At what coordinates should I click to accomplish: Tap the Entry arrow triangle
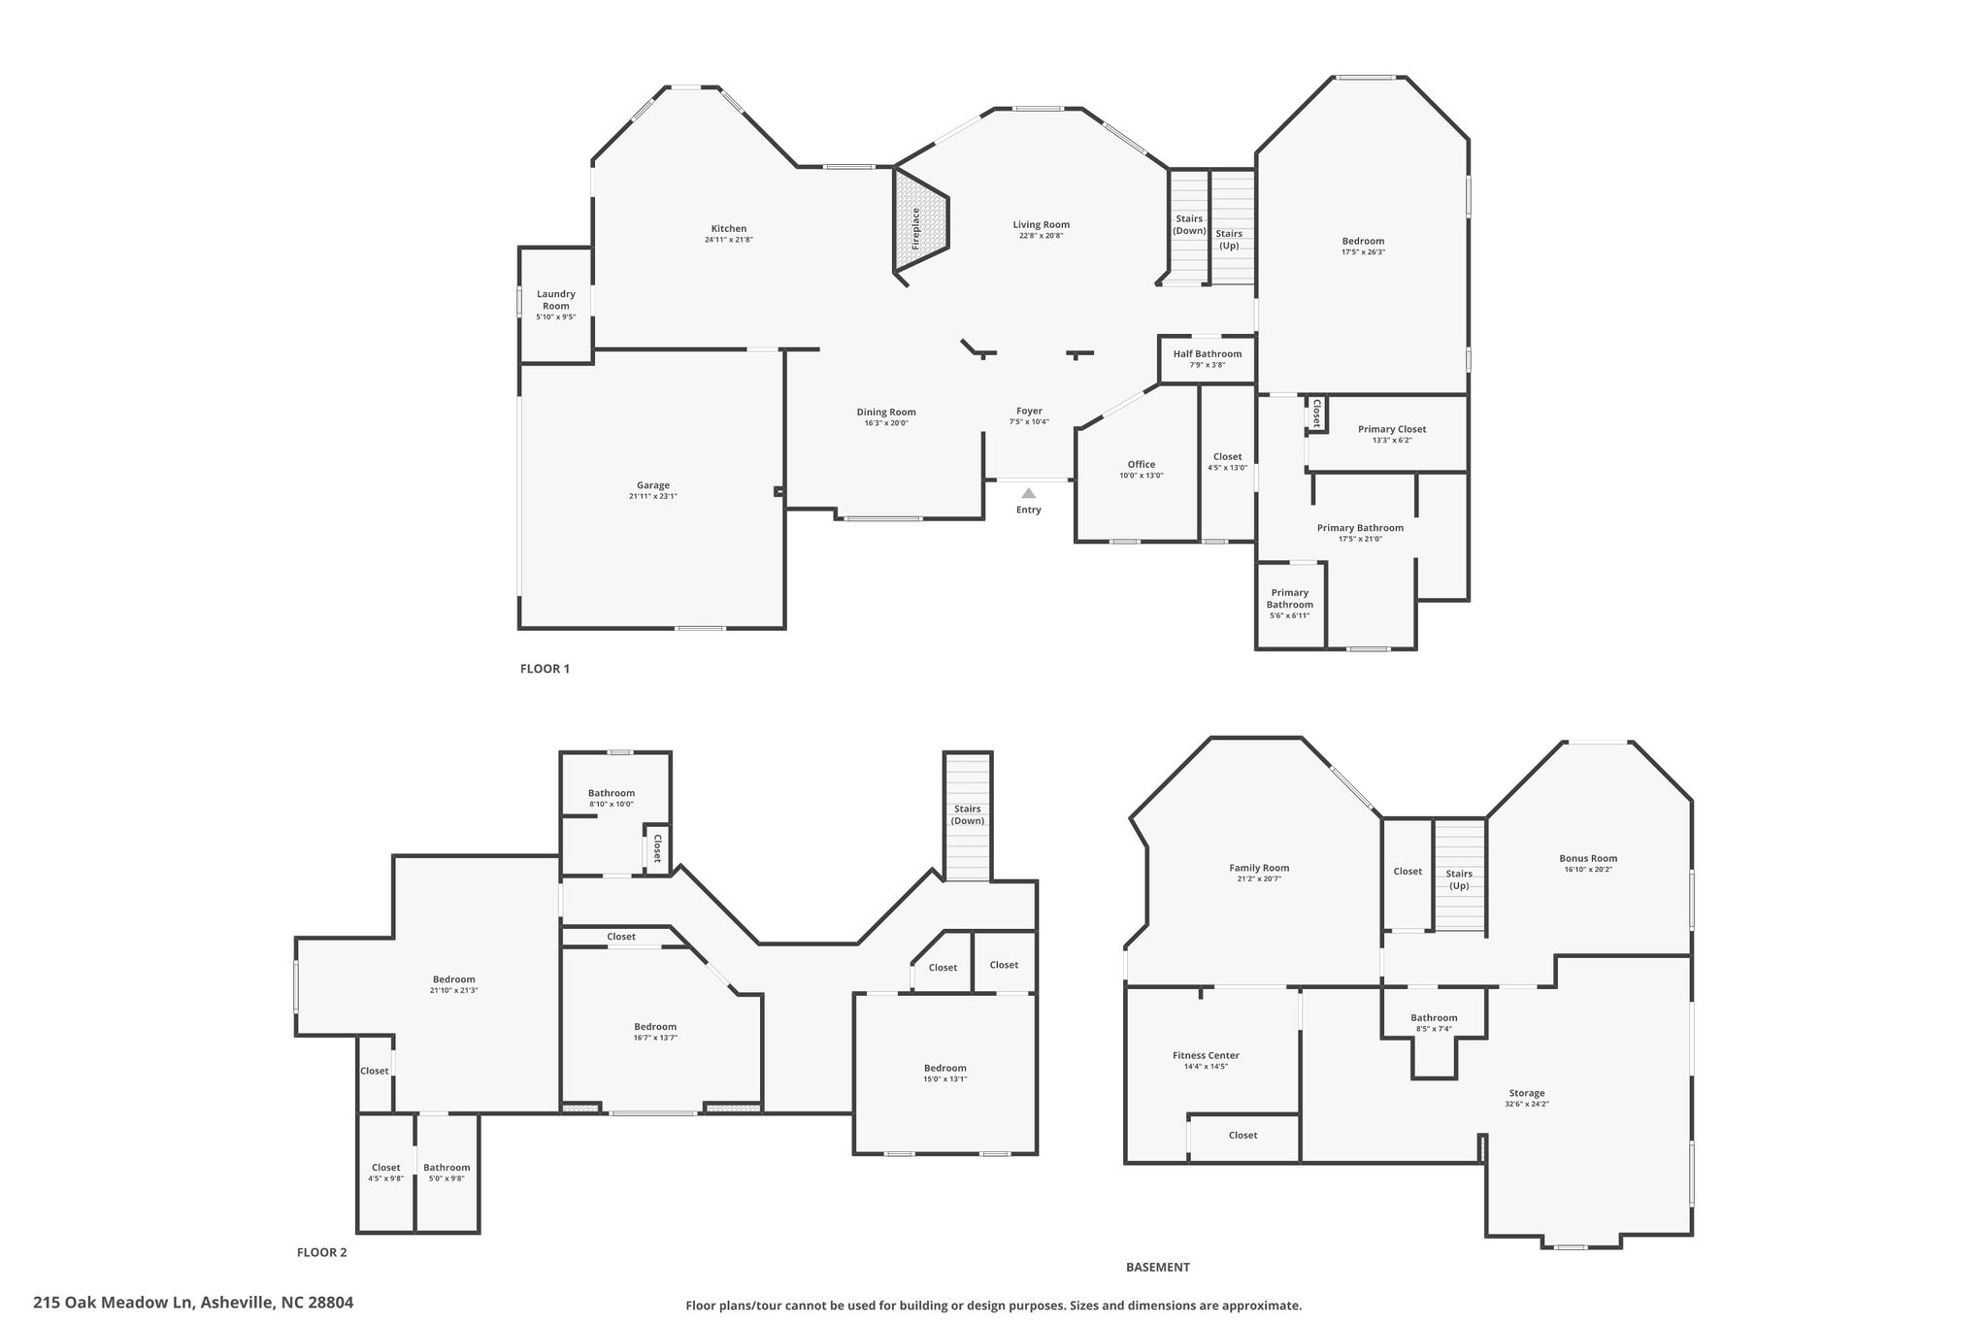point(1029,493)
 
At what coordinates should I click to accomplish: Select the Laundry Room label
point(556,300)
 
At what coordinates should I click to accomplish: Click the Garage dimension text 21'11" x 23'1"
point(653,497)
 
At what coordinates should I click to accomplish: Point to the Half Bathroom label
point(1208,354)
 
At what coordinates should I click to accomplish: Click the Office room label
point(1142,464)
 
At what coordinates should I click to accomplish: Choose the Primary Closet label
point(1392,429)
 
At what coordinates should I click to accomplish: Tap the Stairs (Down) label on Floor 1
point(1189,225)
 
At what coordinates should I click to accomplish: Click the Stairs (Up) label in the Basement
point(1459,879)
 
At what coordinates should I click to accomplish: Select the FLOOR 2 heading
point(321,1252)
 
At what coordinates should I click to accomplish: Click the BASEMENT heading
point(1158,1267)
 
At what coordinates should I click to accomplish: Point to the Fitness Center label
point(1206,1055)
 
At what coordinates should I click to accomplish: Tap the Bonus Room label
point(1588,858)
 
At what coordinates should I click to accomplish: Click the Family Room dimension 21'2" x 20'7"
point(1259,879)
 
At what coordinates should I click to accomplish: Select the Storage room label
point(1527,1093)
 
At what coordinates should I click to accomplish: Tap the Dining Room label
point(886,412)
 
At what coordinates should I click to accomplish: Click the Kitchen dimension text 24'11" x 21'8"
point(729,240)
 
